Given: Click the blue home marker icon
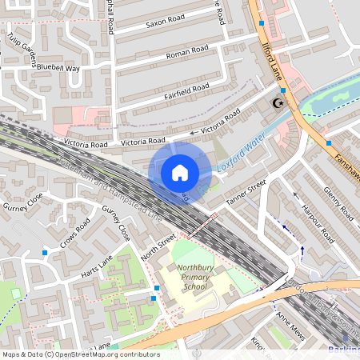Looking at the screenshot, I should pos(180,173).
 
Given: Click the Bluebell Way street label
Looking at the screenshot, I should pos(59,69).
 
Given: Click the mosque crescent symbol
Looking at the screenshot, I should pos(278,103).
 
